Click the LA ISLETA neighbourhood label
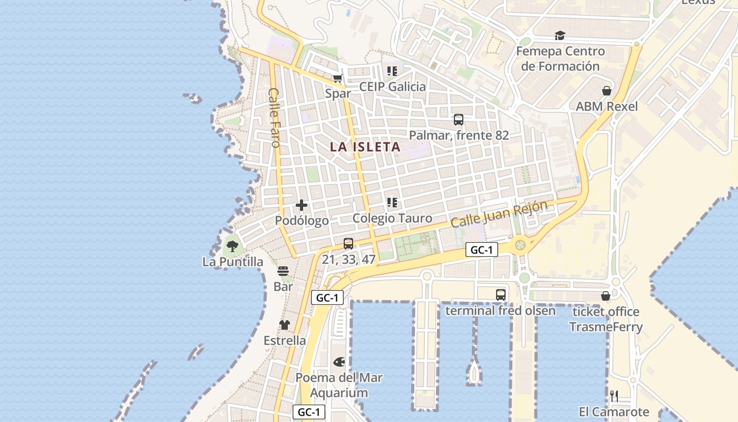(x=365, y=147)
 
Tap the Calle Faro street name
(x=274, y=117)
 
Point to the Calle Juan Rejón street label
(x=499, y=214)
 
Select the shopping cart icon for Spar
(x=338, y=79)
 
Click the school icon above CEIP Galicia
(x=392, y=71)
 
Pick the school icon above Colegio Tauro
(x=392, y=203)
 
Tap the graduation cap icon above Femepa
(x=560, y=36)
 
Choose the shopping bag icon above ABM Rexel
(x=607, y=91)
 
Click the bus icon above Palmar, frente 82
(x=459, y=120)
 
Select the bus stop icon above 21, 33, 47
(x=348, y=244)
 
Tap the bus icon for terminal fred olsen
(x=501, y=295)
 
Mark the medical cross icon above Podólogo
(x=302, y=205)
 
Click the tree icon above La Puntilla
(x=232, y=246)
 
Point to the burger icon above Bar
(x=283, y=272)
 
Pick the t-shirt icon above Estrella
(x=285, y=325)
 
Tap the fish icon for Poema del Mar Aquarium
(x=339, y=362)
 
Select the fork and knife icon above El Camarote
(x=614, y=396)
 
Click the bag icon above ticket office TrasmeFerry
(x=606, y=296)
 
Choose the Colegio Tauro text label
(x=392, y=218)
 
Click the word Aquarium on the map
(x=339, y=393)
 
